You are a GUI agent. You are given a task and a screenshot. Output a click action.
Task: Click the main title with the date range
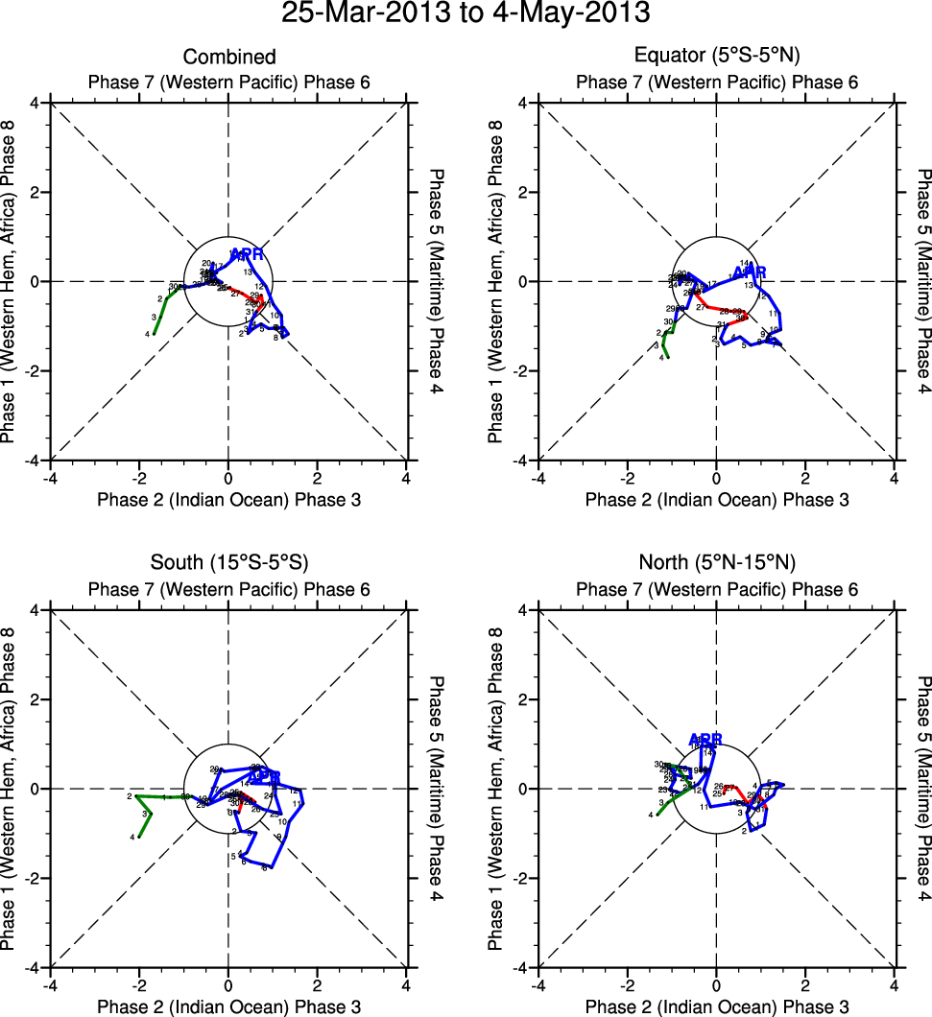(x=466, y=14)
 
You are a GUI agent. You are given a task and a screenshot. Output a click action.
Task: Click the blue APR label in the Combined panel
(x=247, y=254)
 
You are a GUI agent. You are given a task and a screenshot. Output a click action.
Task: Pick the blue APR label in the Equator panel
(x=751, y=272)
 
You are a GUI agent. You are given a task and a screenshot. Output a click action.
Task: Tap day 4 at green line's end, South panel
(x=132, y=838)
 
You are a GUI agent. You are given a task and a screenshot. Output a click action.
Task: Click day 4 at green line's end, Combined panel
(x=148, y=334)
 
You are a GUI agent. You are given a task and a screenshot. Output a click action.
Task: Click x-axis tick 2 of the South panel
(x=317, y=984)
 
